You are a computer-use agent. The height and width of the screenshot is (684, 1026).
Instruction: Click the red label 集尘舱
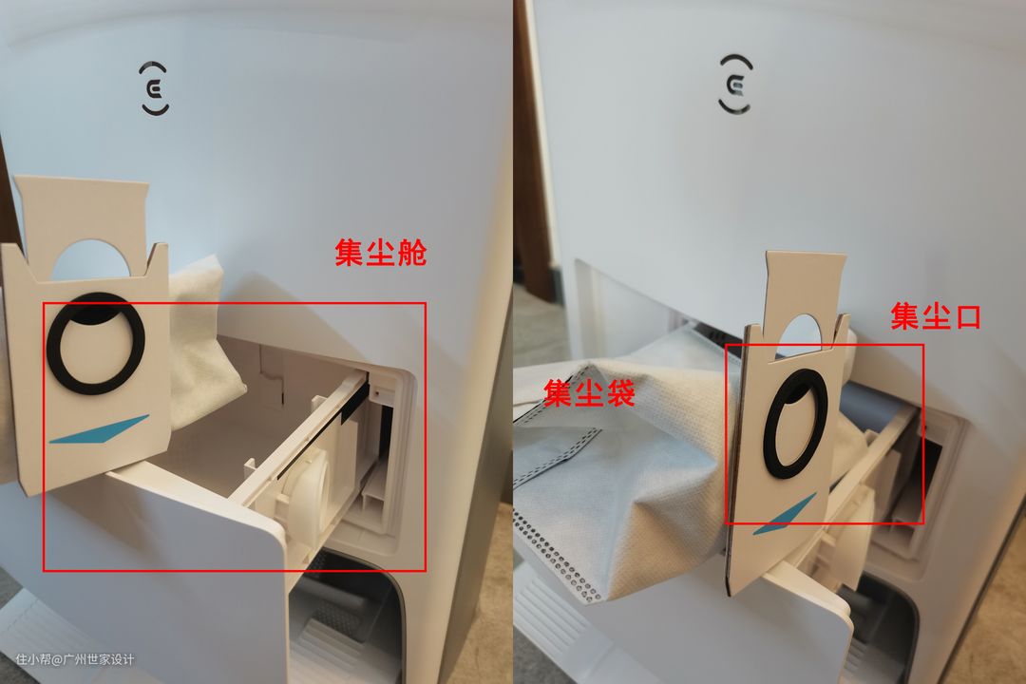coord(381,253)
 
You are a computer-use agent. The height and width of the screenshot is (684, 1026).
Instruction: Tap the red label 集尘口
coord(937,316)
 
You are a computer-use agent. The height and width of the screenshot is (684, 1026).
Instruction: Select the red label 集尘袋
coord(590,392)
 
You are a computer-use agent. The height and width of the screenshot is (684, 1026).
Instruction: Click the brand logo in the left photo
coord(155,88)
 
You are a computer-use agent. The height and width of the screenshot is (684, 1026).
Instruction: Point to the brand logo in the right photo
coord(735,84)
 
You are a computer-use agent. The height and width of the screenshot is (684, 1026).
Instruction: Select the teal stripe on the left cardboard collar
coord(100,430)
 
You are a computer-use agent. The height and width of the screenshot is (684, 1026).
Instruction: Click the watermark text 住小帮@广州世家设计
coord(75,659)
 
